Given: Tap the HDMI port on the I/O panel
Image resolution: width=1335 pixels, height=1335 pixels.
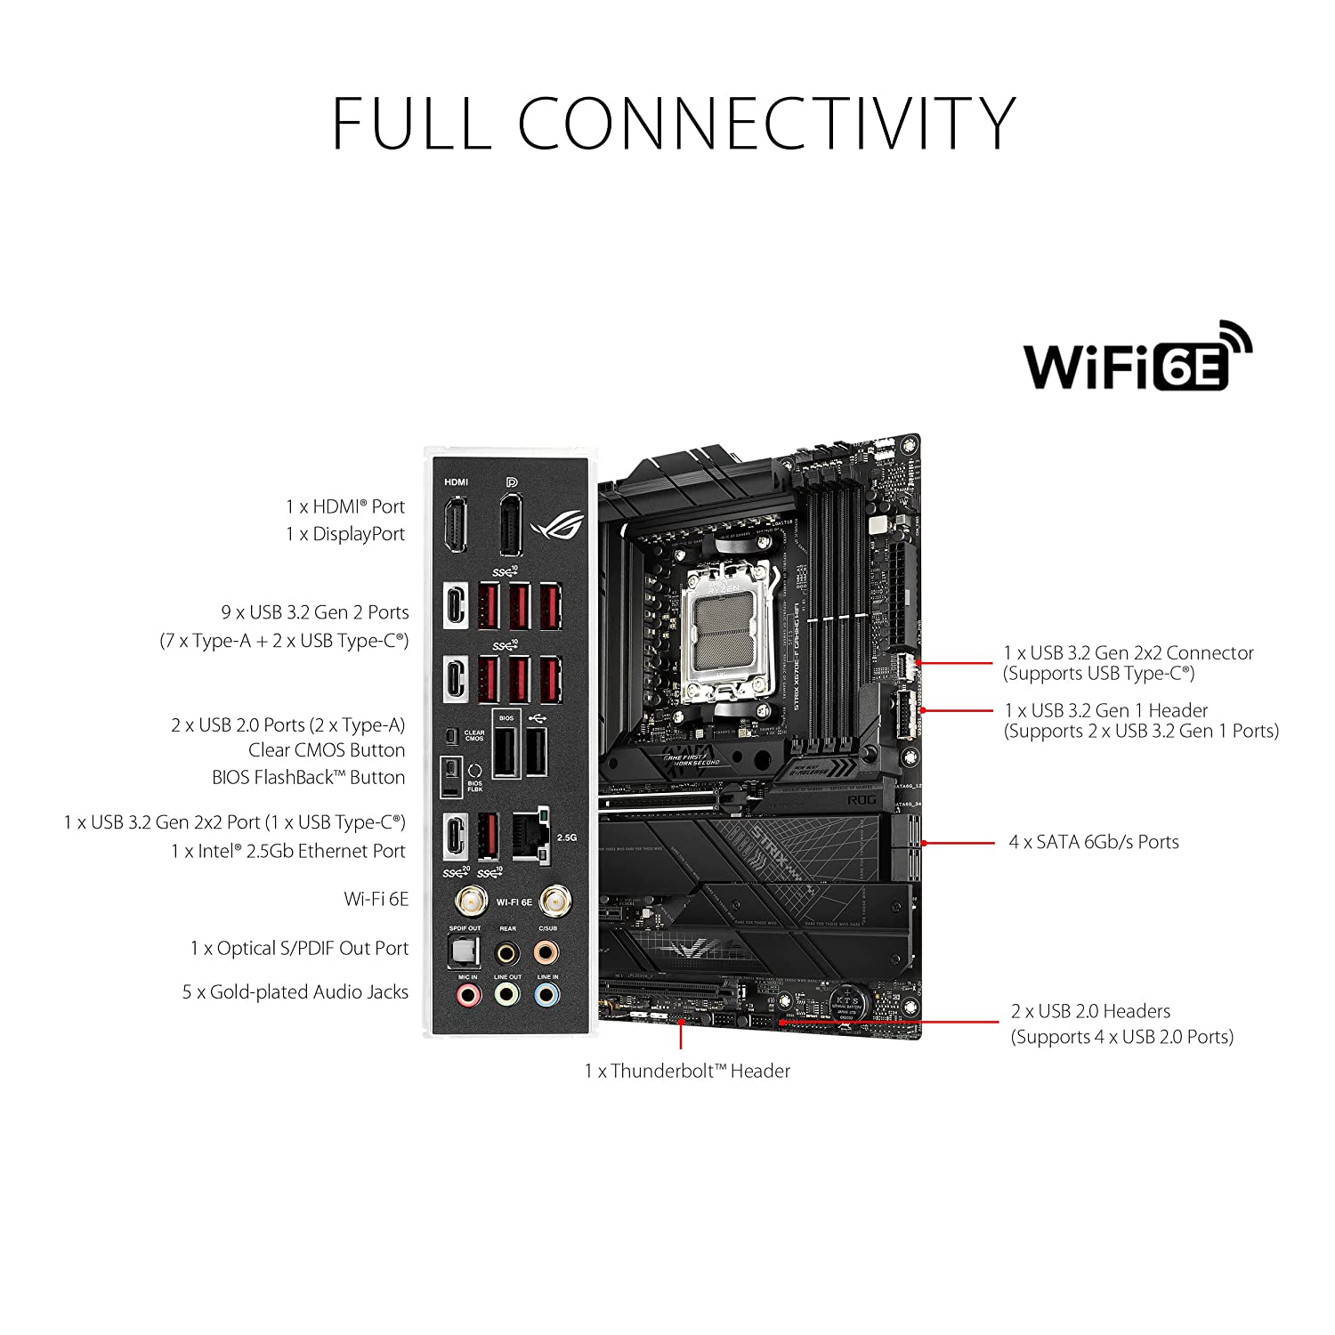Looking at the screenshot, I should click(x=457, y=526).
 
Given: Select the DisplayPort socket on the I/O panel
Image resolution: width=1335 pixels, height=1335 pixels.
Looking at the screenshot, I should click(x=510, y=526).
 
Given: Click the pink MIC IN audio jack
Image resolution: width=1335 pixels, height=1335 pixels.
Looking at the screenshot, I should click(x=467, y=995).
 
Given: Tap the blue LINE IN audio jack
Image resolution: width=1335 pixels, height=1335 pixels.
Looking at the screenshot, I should click(x=547, y=995).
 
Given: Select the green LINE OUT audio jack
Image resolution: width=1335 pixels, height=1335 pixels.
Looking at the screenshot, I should click(x=507, y=995).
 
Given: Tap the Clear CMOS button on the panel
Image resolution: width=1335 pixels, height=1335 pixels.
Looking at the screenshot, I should click(x=451, y=736).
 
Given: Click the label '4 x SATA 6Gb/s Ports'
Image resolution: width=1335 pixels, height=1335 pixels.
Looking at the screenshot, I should click(x=1093, y=842).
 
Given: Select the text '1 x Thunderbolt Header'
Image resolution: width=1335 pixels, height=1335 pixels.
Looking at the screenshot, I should click(x=687, y=1072).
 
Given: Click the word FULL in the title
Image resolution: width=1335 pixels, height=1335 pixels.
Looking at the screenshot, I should click(x=411, y=123).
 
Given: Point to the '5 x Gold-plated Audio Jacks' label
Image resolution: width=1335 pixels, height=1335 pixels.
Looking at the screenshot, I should click(x=295, y=992).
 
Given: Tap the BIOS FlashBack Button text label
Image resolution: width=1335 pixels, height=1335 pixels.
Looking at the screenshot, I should click(x=308, y=778).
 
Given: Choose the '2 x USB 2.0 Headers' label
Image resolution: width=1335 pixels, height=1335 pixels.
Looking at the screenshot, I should click(x=1090, y=1012).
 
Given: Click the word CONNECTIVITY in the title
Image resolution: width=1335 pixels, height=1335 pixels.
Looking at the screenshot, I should click(x=766, y=123).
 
